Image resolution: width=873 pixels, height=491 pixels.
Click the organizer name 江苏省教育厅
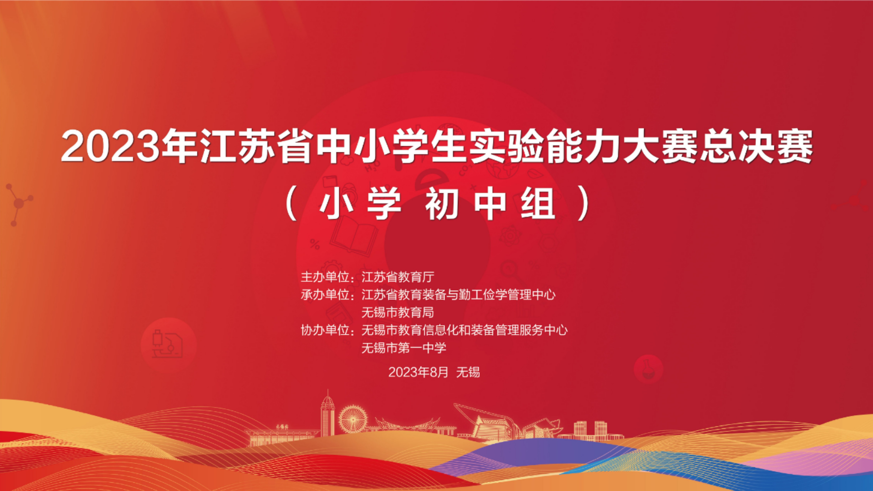click(x=398, y=277)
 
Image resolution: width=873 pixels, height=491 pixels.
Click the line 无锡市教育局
click(x=398, y=312)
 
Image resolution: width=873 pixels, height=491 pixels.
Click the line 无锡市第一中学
click(x=404, y=348)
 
